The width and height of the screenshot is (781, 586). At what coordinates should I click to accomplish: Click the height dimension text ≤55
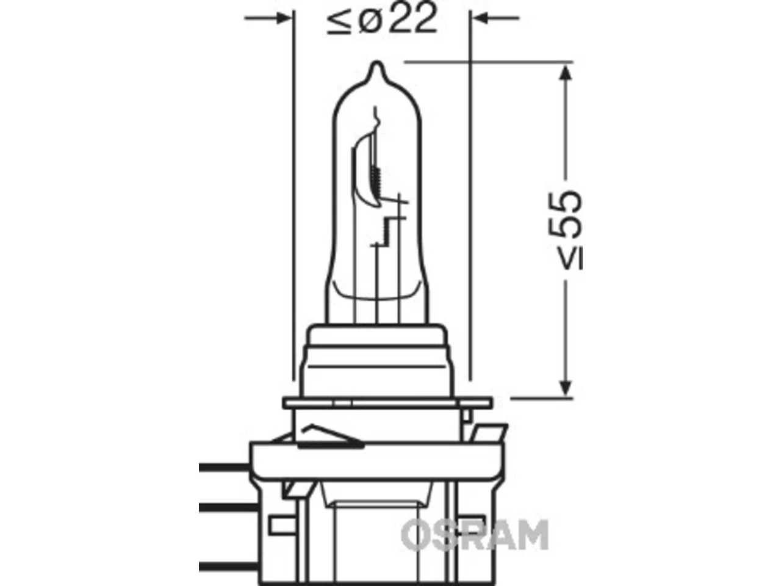(x=570, y=231)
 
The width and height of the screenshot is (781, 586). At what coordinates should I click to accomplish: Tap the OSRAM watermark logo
(x=475, y=535)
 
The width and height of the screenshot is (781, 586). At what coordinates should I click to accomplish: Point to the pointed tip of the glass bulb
(x=377, y=63)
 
